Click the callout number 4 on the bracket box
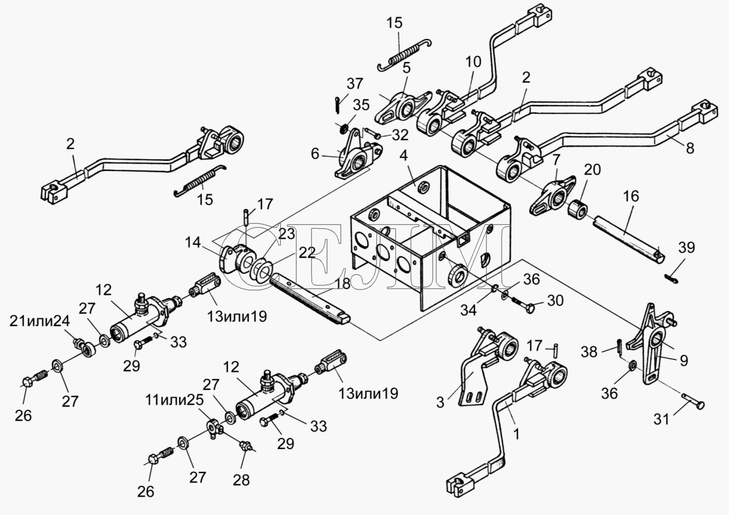click(403, 156)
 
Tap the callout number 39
click(686, 248)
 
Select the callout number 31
click(662, 419)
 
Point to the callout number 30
click(555, 301)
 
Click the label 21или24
click(40, 322)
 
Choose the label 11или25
click(174, 400)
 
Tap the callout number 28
click(241, 480)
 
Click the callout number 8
click(690, 149)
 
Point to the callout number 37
click(354, 84)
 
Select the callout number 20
click(592, 170)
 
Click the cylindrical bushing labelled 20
click(578, 209)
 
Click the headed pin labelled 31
click(689, 401)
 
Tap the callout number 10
click(473, 62)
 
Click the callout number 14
click(193, 242)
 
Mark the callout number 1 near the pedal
click(516, 435)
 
